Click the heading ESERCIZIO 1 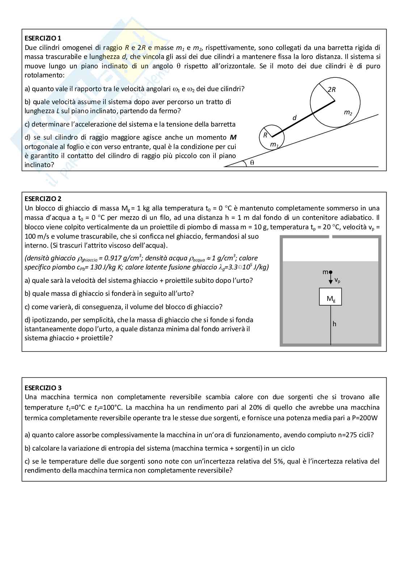43,38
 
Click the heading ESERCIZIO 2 43,199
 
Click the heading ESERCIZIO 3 43,388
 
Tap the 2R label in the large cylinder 331,90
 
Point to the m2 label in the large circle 348,112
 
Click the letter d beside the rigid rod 294,118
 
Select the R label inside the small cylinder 265,135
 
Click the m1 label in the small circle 274,145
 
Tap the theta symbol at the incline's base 252,163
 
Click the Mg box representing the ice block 330,297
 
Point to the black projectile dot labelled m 331,272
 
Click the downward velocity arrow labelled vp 331,281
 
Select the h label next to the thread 334,324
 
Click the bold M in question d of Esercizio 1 233,137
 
